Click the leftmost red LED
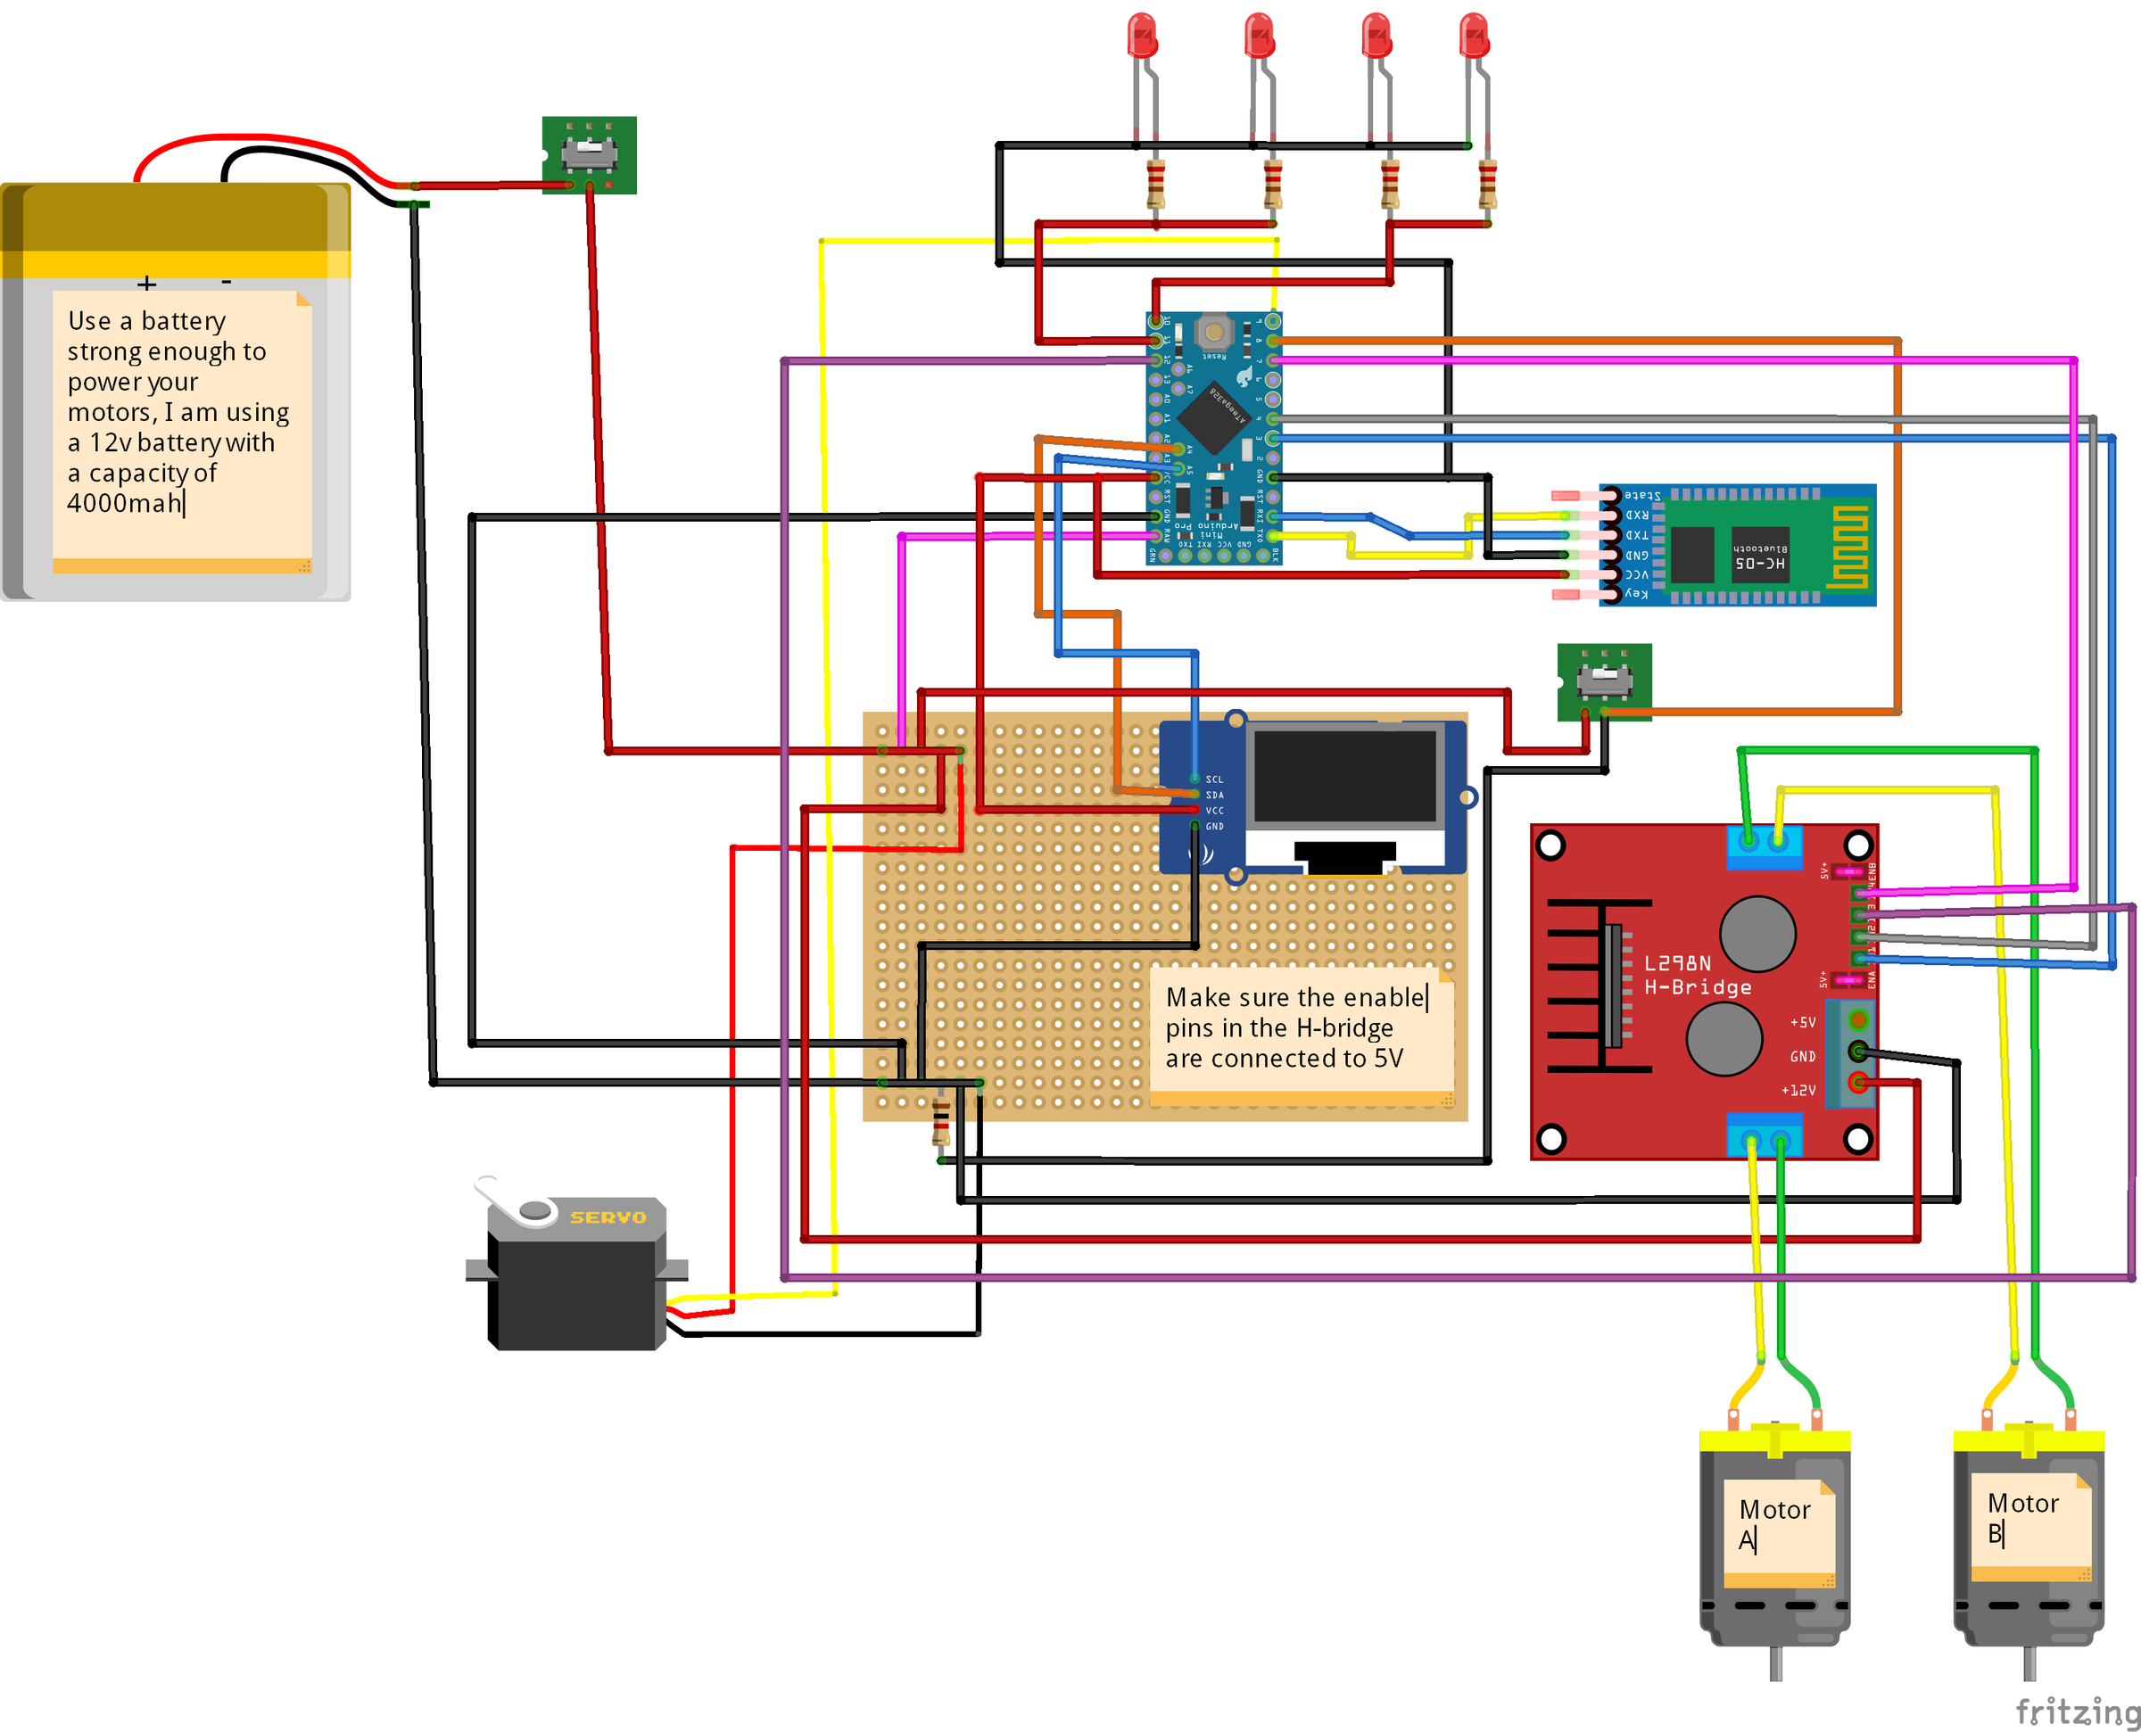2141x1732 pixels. tap(1143, 37)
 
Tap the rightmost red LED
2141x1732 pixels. tap(1474, 37)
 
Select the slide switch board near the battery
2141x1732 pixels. tap(589, 154)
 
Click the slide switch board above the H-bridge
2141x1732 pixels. tap(1604, 681)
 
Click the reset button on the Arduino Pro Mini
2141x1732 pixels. tap(1213, 330)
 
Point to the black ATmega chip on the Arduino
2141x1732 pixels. tap(1212, 415)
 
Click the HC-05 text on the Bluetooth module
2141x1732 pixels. tap(1760, 564)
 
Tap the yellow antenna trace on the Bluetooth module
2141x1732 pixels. tap(1848, 546)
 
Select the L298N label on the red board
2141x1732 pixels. tap(1677, 963)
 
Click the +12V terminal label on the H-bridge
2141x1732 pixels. tap(1798, 1091)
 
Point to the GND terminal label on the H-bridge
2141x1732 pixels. tap(1802, 1057)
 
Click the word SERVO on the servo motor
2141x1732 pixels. tap(608, 1217)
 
